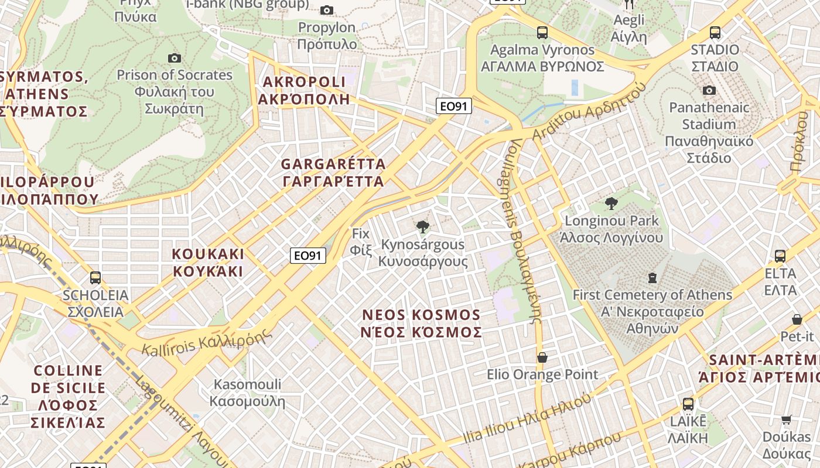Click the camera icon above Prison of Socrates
[174, 58]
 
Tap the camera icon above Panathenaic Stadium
[709, 90]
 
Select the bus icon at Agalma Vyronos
[542, 33]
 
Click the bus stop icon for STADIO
[715, 33]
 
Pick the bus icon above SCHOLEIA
[95, 278]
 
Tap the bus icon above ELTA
[780, 256]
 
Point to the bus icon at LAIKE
[688, 404]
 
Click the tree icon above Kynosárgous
[422, 227]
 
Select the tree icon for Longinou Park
[611, 204]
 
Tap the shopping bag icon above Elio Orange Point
[542, 357]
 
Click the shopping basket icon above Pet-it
[797, 319]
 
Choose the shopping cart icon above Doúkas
[787, 419]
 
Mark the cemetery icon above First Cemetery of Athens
[652, 278]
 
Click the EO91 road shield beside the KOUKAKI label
[308, 256]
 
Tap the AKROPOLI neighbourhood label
[304, 90]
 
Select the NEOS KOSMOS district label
[422, 324]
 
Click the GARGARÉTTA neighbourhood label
[333, 173]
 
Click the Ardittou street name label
[589, 112]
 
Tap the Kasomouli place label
[247, 393]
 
